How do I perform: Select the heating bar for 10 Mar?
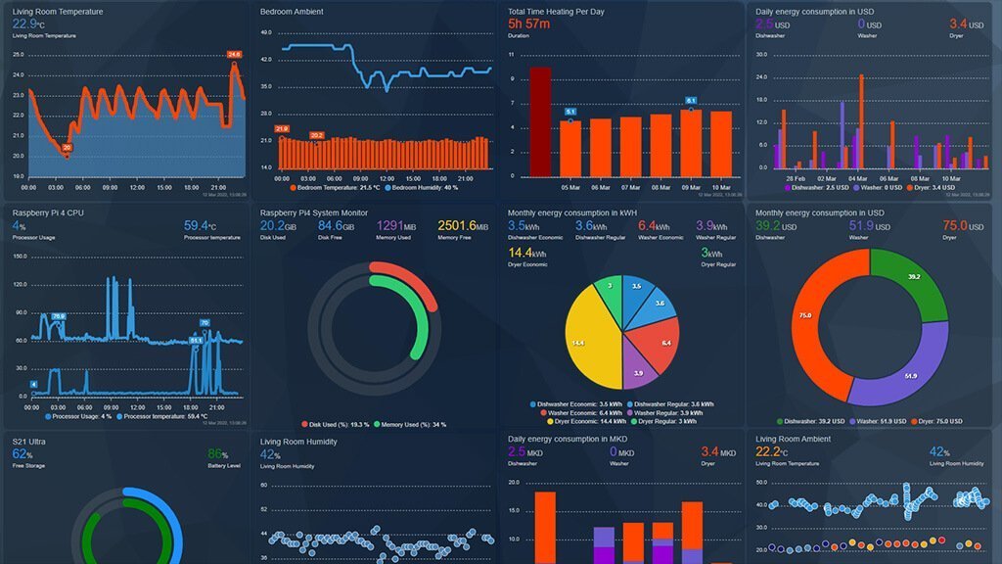pos(720,141)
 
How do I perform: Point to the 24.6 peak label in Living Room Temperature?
pos(234,55)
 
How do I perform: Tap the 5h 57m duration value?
pos(528,24)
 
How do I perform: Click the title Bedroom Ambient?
pos(292,12)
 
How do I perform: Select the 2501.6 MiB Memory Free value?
pos(463,226)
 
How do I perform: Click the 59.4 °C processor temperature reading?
pos(200,226)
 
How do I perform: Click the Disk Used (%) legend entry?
pos(337,424)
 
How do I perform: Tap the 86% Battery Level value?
pos(217,454)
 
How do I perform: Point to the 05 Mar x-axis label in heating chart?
pos(571,186)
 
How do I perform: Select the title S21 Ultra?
pos(30,442)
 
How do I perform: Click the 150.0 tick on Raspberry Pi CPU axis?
pos(19,256)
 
